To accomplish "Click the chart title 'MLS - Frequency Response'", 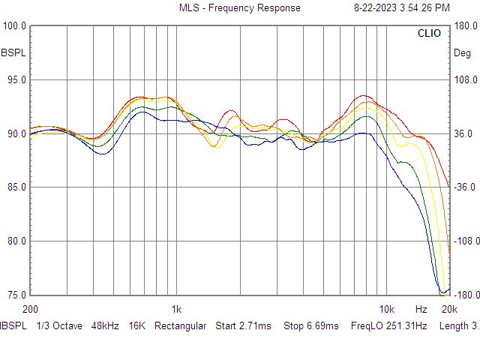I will (239, 8).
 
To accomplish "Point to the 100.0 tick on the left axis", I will (14, 26).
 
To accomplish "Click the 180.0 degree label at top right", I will (465, 26).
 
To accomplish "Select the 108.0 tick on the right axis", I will (465, 80).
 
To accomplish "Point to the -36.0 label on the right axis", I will (465, 187).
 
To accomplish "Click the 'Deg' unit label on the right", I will (462, 53).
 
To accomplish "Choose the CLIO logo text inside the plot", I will (429, 34).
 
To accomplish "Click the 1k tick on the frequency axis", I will (175, 309).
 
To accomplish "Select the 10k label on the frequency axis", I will (386, 309).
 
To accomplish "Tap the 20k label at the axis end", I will (449, 309).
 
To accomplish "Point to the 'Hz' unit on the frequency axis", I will (421, 309).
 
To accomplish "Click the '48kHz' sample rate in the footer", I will (106, 326).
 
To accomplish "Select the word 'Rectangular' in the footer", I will (180, 326).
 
